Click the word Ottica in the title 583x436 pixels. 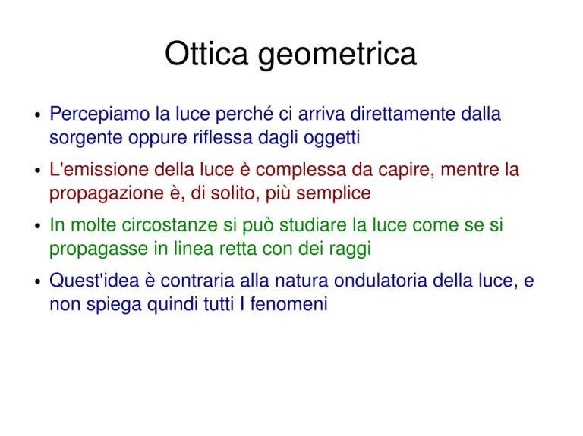pyautogui.click(x=206, y=54)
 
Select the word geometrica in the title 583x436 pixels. pyautogui.click(x=337, y=56)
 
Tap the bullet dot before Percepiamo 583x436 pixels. pyautogui.click(x=37, y=114)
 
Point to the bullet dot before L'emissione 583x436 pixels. pyautogui.click(x=37, y=171)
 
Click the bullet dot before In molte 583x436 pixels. pyautogui.click(x=37, y=226)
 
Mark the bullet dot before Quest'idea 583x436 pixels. pyautogui.click(x=37, y=281)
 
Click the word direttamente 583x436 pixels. pyautogui.click(x=402, y=114)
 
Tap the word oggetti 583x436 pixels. pyautogui.click(x=332, y=139)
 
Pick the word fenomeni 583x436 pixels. pyautogui.click(x=288, y=304)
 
